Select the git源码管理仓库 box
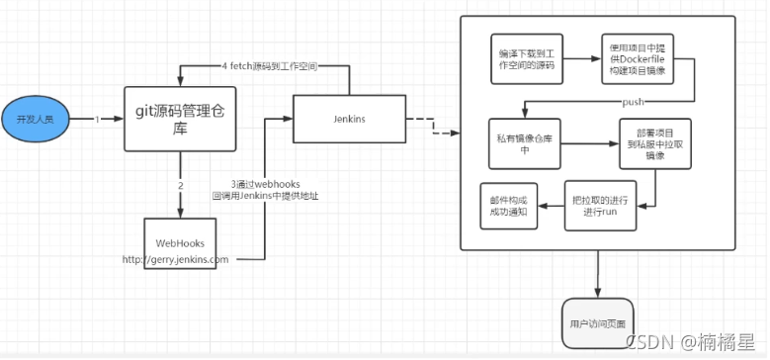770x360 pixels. coord(180,119)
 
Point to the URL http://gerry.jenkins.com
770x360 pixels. coord(176,260)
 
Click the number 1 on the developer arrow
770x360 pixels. coord(98,119)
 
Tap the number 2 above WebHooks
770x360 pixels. coord(181,185)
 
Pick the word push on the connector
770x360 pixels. coord(634,102)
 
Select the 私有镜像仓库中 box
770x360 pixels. coord(525,143)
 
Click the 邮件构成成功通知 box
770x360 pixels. coord(507,205)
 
